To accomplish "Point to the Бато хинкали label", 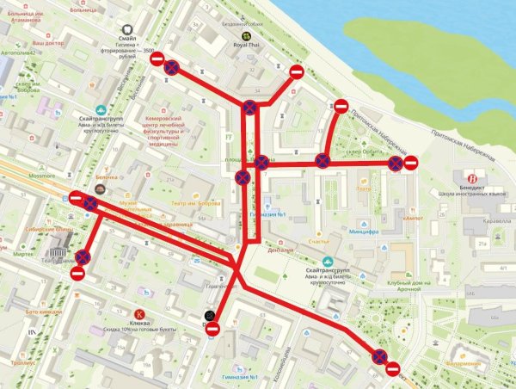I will click(44, 310).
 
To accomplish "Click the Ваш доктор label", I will click(49, 42).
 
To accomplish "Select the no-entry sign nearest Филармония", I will click(392, 370).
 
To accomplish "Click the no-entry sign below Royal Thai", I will click(296, 71).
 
